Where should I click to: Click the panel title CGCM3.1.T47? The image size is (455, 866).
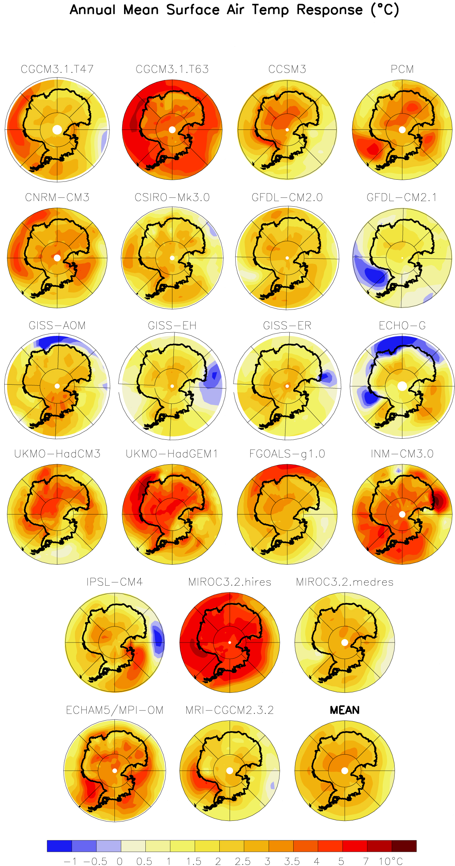pyautogui.click(x=57, y=69)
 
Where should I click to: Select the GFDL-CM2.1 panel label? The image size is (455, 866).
pyautogui.click(x=402, y=197)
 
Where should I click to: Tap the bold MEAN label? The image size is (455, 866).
pyautogui.click(x=344, y=710)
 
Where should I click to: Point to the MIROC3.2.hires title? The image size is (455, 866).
pyautogui.click(x=230, y=582)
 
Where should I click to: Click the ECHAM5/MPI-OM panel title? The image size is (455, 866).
pyautogui.click(x=114, y=710)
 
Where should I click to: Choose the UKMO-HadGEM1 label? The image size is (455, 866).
pyautogui.click(x=172, y=454)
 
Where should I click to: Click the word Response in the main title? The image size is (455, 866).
pyautogui.click(x=330, y=10)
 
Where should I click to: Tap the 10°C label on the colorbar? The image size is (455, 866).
pyautogui.click(x=391, y=861)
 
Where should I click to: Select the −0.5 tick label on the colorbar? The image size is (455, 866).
pyautogui.click(x=95, y=861)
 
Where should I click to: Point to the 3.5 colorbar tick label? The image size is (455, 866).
pyautogui.click(x=292, y=861)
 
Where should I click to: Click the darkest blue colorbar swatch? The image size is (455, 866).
pyautogui.click(x=59, y=846)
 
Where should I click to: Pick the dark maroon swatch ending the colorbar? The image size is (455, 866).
pyautogui.click(x=404, y=846)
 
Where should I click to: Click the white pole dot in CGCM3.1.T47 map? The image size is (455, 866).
pyautogui.click(x=57, y=130)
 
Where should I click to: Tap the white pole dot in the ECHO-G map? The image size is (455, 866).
pyautogui.click(x=402, y=386)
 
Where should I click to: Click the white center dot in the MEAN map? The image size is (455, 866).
pyautogui.click(x=344, y=771)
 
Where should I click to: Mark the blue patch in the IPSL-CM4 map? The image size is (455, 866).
pyautogui.click(x=157, y=639)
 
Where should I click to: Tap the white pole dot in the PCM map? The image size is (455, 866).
pyautogui.click(x=402, y=130)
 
